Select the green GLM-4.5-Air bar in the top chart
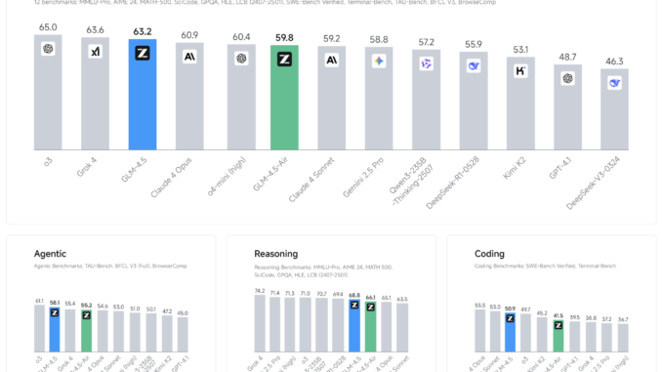(284, 98)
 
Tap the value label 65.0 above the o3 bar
(48, 28)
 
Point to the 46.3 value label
(614, 61)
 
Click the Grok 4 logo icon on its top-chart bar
(96, 52)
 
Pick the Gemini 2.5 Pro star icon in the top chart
(379, 62)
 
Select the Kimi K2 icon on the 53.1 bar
(520, 71)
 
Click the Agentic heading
(50, 253)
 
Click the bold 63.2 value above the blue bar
(143, 31)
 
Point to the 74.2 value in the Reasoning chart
(259, 290)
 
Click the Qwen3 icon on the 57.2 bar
(426, 63)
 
